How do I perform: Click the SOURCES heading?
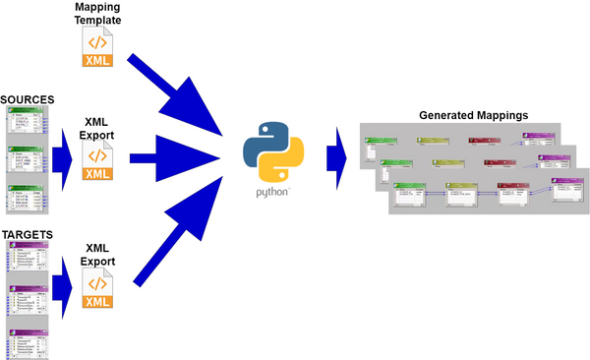pos(27,100)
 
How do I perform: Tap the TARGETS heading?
pos(27,235)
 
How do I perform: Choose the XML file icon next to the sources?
pos(97,162)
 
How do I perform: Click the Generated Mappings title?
pos(473,115)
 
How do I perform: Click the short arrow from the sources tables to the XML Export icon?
pos(63,158)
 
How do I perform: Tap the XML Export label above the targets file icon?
pos(97,257)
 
